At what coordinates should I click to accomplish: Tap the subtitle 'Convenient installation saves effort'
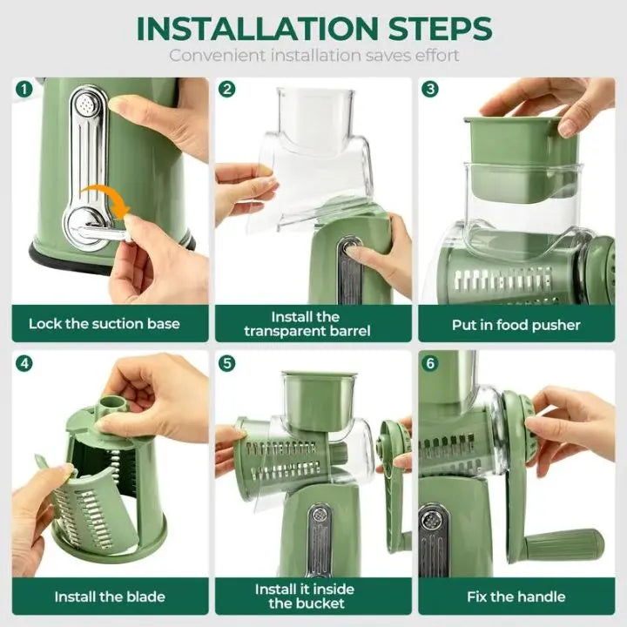click(x=313, y=56)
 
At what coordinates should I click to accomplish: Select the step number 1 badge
click(x=24, y=89)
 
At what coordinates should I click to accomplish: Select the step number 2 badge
click(x=227, y=89)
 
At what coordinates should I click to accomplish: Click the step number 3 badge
click(x=430, y=89)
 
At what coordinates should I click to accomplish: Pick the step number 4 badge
click(x=24, y=362)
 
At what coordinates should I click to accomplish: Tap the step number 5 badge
click(x=227, y=362)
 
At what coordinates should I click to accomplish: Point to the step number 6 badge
click(x=430, y=362)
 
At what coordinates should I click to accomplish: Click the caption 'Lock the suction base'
click(x=104, y=324)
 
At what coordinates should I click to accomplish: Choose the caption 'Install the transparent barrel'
click(x=307, y=324)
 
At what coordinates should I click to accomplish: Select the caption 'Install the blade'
click(x=109, y=597)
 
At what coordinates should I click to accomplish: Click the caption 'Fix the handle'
click(x=516, y=597)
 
